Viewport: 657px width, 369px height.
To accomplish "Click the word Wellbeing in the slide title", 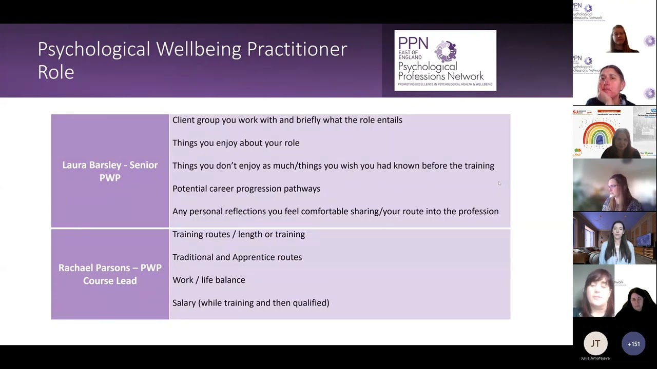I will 199,49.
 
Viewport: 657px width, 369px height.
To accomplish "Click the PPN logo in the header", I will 445,60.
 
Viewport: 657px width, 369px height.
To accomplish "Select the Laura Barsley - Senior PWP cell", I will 110,171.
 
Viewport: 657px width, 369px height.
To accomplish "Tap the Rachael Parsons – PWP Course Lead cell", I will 110,274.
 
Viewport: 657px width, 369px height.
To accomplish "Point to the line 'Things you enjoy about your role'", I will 236,143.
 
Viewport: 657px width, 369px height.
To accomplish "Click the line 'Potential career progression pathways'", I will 246,189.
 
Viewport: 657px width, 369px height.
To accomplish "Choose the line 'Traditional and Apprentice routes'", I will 237,257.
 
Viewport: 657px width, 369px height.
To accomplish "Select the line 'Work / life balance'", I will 208,280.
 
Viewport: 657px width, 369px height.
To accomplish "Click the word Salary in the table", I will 184,303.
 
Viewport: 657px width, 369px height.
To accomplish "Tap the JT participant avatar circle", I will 595,344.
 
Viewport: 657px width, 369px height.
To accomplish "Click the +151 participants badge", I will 633,344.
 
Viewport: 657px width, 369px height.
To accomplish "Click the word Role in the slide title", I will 56,72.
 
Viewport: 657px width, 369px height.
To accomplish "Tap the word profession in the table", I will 478,211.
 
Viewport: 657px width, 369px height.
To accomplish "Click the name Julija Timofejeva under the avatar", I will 595,358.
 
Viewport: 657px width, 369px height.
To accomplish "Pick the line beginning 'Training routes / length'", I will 238,234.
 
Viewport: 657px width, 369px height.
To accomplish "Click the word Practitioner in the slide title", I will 297,49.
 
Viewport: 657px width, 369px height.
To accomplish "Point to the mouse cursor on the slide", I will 499,183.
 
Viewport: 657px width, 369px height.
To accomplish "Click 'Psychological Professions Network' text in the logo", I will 440,72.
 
